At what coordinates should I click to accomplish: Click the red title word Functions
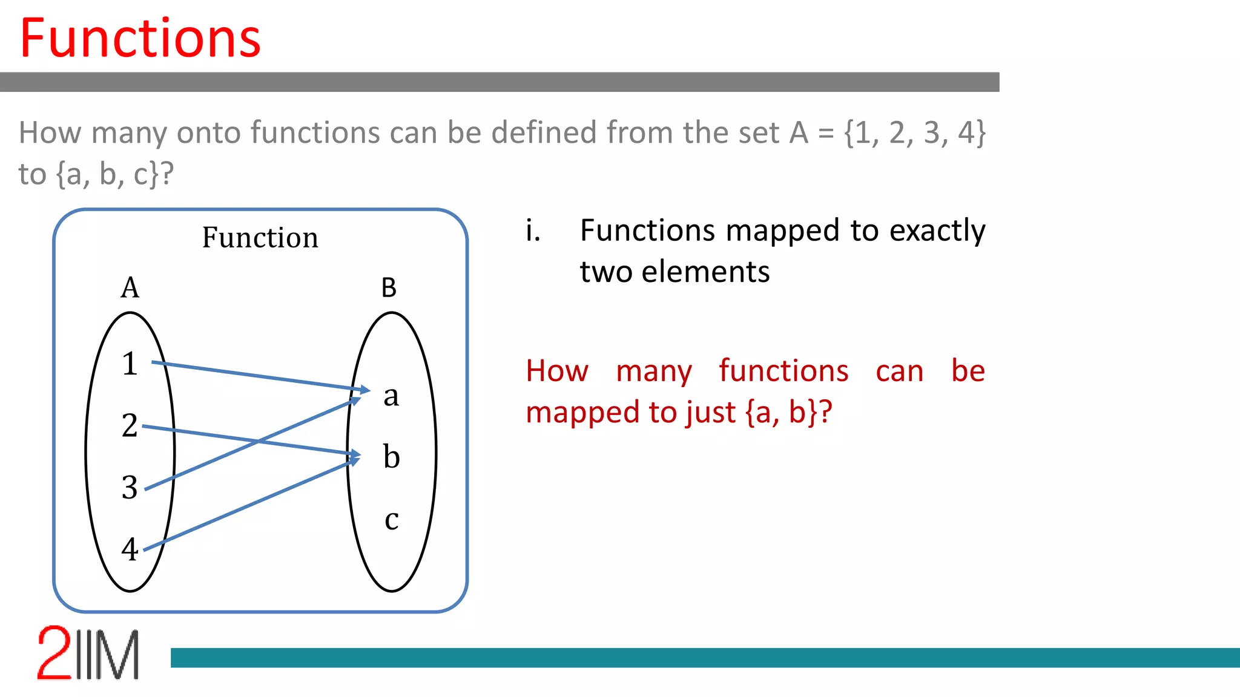[x=140, y=39]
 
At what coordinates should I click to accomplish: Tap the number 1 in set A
[x=130, y=364]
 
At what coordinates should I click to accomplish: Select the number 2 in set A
[x=130, y=425]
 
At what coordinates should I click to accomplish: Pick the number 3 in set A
[x=130, y=488]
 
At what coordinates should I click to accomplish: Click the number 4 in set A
[x=130, y=549]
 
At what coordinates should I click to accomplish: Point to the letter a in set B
[x=391, y=396]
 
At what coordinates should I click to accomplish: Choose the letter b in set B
[x=391, y=457]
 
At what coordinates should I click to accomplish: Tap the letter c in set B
[x=391, y=520]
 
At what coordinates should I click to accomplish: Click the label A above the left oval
[x=130, y=287]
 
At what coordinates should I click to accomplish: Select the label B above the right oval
[x=389, y=287]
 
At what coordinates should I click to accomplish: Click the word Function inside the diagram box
[x=260, y=237]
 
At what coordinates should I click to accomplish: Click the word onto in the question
[x=208, y=133]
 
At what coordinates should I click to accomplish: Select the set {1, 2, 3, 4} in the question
[x=915, y=133]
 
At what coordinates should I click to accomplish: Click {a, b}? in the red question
[x=788, y=413]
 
